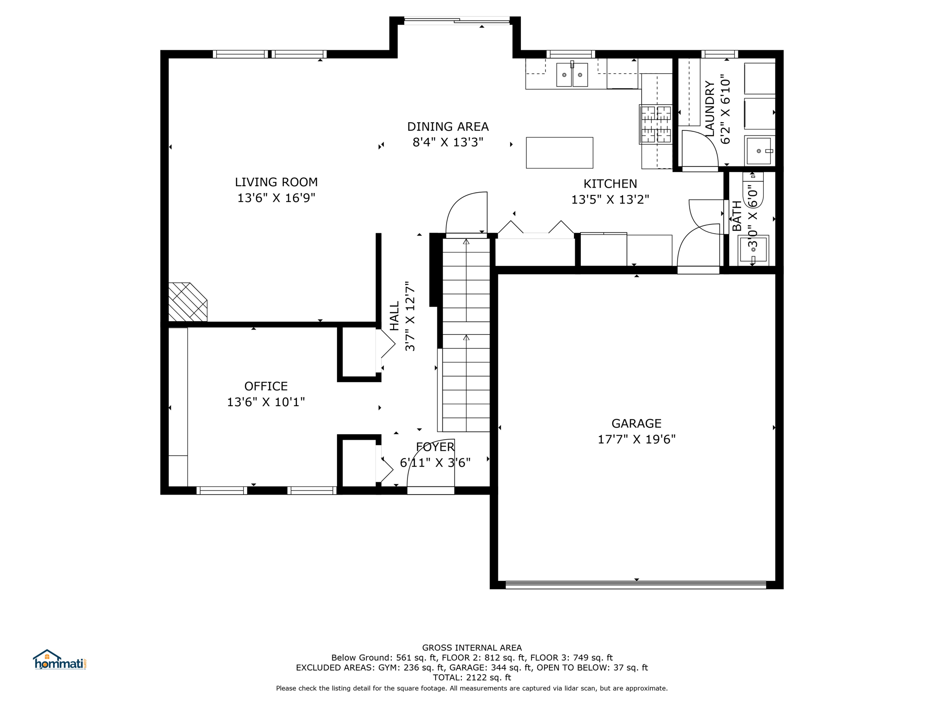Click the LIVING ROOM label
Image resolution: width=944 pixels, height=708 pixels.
[x=276, y=182]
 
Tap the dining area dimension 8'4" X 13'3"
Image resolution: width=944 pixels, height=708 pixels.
[x=448, y=142]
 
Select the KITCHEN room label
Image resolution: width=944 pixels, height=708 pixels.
[x=610, y=184]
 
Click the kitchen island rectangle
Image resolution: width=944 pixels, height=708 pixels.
[x=560, y=153]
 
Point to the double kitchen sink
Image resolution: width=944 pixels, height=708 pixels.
[x=572, y=75]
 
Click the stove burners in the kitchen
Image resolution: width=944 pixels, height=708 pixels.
[x=656, y=124]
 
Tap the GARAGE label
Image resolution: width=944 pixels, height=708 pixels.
[x=636, y=423]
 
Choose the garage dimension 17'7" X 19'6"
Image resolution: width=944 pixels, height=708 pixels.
[x=636, y=439]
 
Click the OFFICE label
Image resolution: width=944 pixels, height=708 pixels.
[x=266, y=386]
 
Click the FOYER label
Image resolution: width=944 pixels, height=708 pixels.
[x=435, y=447]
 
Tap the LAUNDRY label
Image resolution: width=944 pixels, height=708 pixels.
[x=710, y=109]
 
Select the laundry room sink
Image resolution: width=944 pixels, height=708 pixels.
[x=759, y=151]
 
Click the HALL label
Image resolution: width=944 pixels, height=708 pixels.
[x=395, y=316]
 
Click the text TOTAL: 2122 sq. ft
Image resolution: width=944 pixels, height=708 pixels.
[x=472, y=678]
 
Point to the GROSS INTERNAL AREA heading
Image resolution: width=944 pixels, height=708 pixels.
[x=472, y=648]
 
